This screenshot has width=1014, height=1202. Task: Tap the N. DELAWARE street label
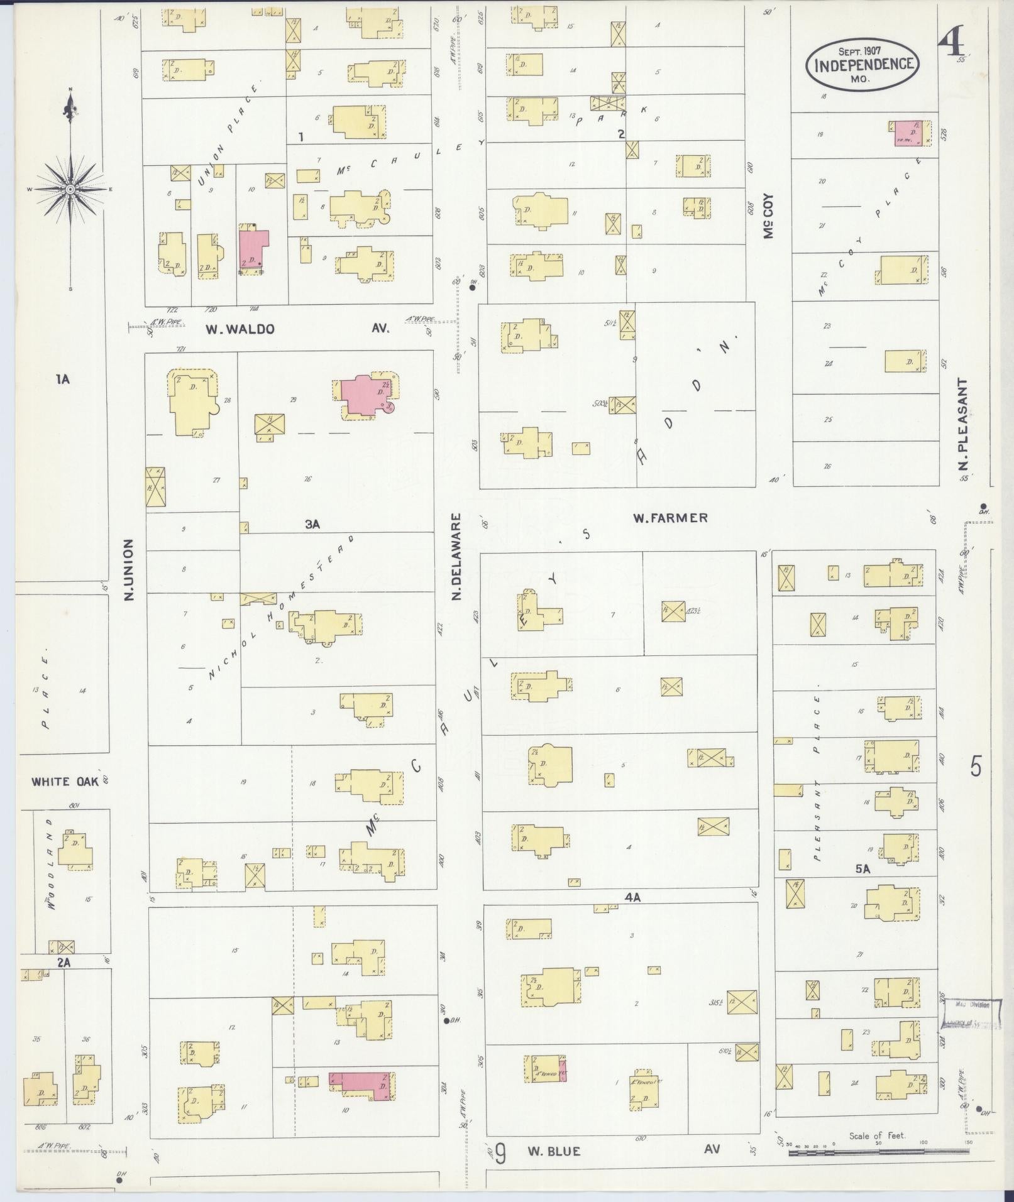pos(457,556)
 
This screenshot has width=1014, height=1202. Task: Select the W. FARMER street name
pos(670,518)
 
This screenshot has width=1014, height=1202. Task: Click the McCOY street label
pos(768,216)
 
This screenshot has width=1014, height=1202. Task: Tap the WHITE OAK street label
pos(65,782)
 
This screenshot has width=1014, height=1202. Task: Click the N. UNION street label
pos(130,569)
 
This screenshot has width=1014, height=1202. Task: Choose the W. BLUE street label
pos(553,1151)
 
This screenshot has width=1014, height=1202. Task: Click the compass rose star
pos(70,188)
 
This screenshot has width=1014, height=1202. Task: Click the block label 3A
pos(312,524)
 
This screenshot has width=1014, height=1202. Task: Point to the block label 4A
pos(632,898)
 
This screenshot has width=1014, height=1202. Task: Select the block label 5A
pos(862,870)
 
